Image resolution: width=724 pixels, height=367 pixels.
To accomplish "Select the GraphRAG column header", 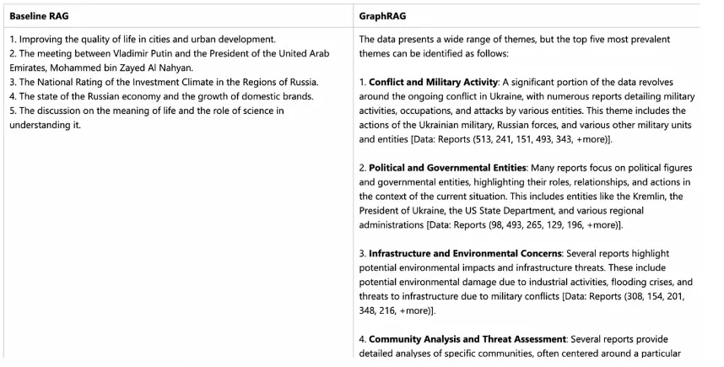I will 381,16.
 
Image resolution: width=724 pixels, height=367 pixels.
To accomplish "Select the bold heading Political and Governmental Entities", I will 442,168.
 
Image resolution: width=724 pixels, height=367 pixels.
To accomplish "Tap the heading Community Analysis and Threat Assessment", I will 467,339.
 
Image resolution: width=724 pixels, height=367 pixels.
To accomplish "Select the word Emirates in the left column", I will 30,67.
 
